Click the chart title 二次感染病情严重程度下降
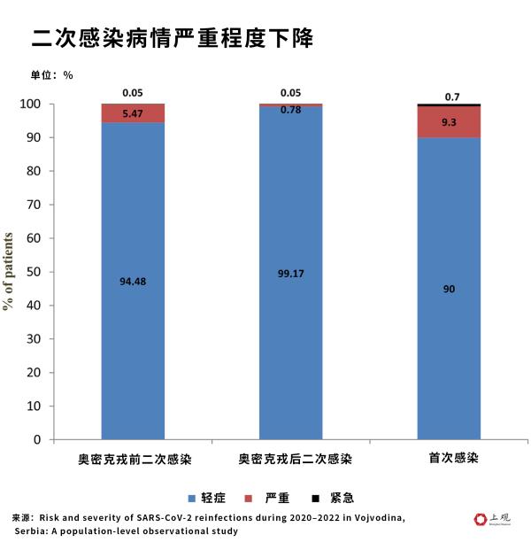click(172, 37)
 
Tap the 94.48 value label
click(133, 282)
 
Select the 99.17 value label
click(290, 274)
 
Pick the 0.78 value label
click(290, 110)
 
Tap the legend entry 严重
click(268, 498)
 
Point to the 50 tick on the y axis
click(34, 272)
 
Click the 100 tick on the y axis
click(30, 105)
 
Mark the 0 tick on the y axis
click(37, 439)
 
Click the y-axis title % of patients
click(9, 271)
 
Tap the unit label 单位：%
click(52, 75)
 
